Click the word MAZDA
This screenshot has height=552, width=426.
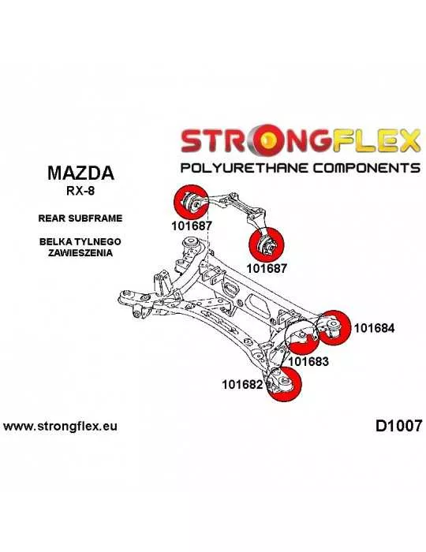click(80, 173)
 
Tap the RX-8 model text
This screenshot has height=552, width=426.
click(80, 191)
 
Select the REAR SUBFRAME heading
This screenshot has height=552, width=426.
click(80, 218)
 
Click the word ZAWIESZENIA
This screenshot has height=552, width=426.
click(80, 253)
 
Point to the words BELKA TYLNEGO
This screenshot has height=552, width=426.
click(80, 242)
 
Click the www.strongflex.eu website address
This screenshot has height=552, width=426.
click(60, 427)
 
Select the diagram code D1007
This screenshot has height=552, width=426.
click(398, 426)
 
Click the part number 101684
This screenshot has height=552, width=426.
click(374, 328)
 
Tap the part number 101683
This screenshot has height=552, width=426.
click(308, 361)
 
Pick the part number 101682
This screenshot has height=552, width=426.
click(242, 385)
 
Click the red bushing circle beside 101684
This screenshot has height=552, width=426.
click(334, 328)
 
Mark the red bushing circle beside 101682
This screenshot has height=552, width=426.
click(285, 384)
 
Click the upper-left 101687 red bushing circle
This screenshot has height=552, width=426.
click(191, 202)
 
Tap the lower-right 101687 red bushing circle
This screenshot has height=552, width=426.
click(266, 245)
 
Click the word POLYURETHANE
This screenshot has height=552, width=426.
click(245, 167)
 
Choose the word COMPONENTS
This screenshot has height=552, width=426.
click(367, 167)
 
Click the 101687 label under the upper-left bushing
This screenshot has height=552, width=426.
click(192, 226)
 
